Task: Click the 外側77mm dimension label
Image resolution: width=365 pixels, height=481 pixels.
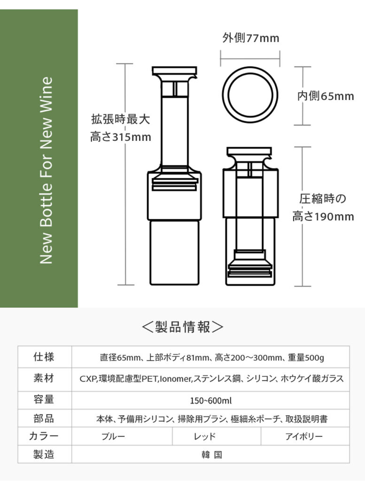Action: pos(250,39)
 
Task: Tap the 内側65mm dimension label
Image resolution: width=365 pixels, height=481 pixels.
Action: pos(326,96)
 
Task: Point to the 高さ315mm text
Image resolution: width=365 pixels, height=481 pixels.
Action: pos(121,137)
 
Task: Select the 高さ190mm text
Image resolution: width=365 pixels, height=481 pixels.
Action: pos(323,217)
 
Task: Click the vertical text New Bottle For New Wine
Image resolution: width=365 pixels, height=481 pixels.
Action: pos(47,171)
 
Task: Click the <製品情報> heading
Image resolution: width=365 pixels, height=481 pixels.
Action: pos(183,327)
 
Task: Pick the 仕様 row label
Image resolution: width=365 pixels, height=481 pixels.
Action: pos(44,357)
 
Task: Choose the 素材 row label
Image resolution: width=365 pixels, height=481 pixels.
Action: pos(44,378)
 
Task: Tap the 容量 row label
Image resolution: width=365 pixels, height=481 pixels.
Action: pos(44,400)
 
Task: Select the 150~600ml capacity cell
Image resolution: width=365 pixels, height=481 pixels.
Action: pos(211,401)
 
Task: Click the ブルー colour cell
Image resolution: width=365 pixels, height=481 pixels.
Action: pos(114,436)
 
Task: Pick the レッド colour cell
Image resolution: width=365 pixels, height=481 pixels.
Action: pos(205,436)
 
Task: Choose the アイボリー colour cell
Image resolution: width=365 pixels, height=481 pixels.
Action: pos(304,436)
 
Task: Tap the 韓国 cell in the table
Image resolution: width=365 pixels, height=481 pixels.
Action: pos(212,455)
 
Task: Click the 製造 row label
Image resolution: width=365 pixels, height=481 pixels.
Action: pos(44,454)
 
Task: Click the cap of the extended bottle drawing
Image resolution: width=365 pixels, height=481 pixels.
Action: pos(175,71)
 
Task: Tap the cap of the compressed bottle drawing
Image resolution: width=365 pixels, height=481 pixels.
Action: pos(249,151)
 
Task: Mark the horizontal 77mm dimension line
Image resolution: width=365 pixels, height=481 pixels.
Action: pos(250,58)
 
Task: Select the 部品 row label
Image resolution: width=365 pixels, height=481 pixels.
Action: pos(44,418)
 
